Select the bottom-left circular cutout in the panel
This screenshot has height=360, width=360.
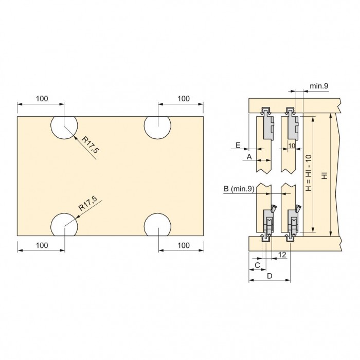pos(64,225)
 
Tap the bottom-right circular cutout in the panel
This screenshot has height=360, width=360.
pos(157,225)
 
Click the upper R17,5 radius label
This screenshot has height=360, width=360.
pos(91,145)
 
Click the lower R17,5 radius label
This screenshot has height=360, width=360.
pos(88,203)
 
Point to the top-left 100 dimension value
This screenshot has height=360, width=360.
pos(42,99)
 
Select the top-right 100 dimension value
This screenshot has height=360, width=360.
pos(184,99)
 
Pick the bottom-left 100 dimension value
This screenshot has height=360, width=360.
pos(42,245)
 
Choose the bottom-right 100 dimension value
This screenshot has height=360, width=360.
pos(184,245)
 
